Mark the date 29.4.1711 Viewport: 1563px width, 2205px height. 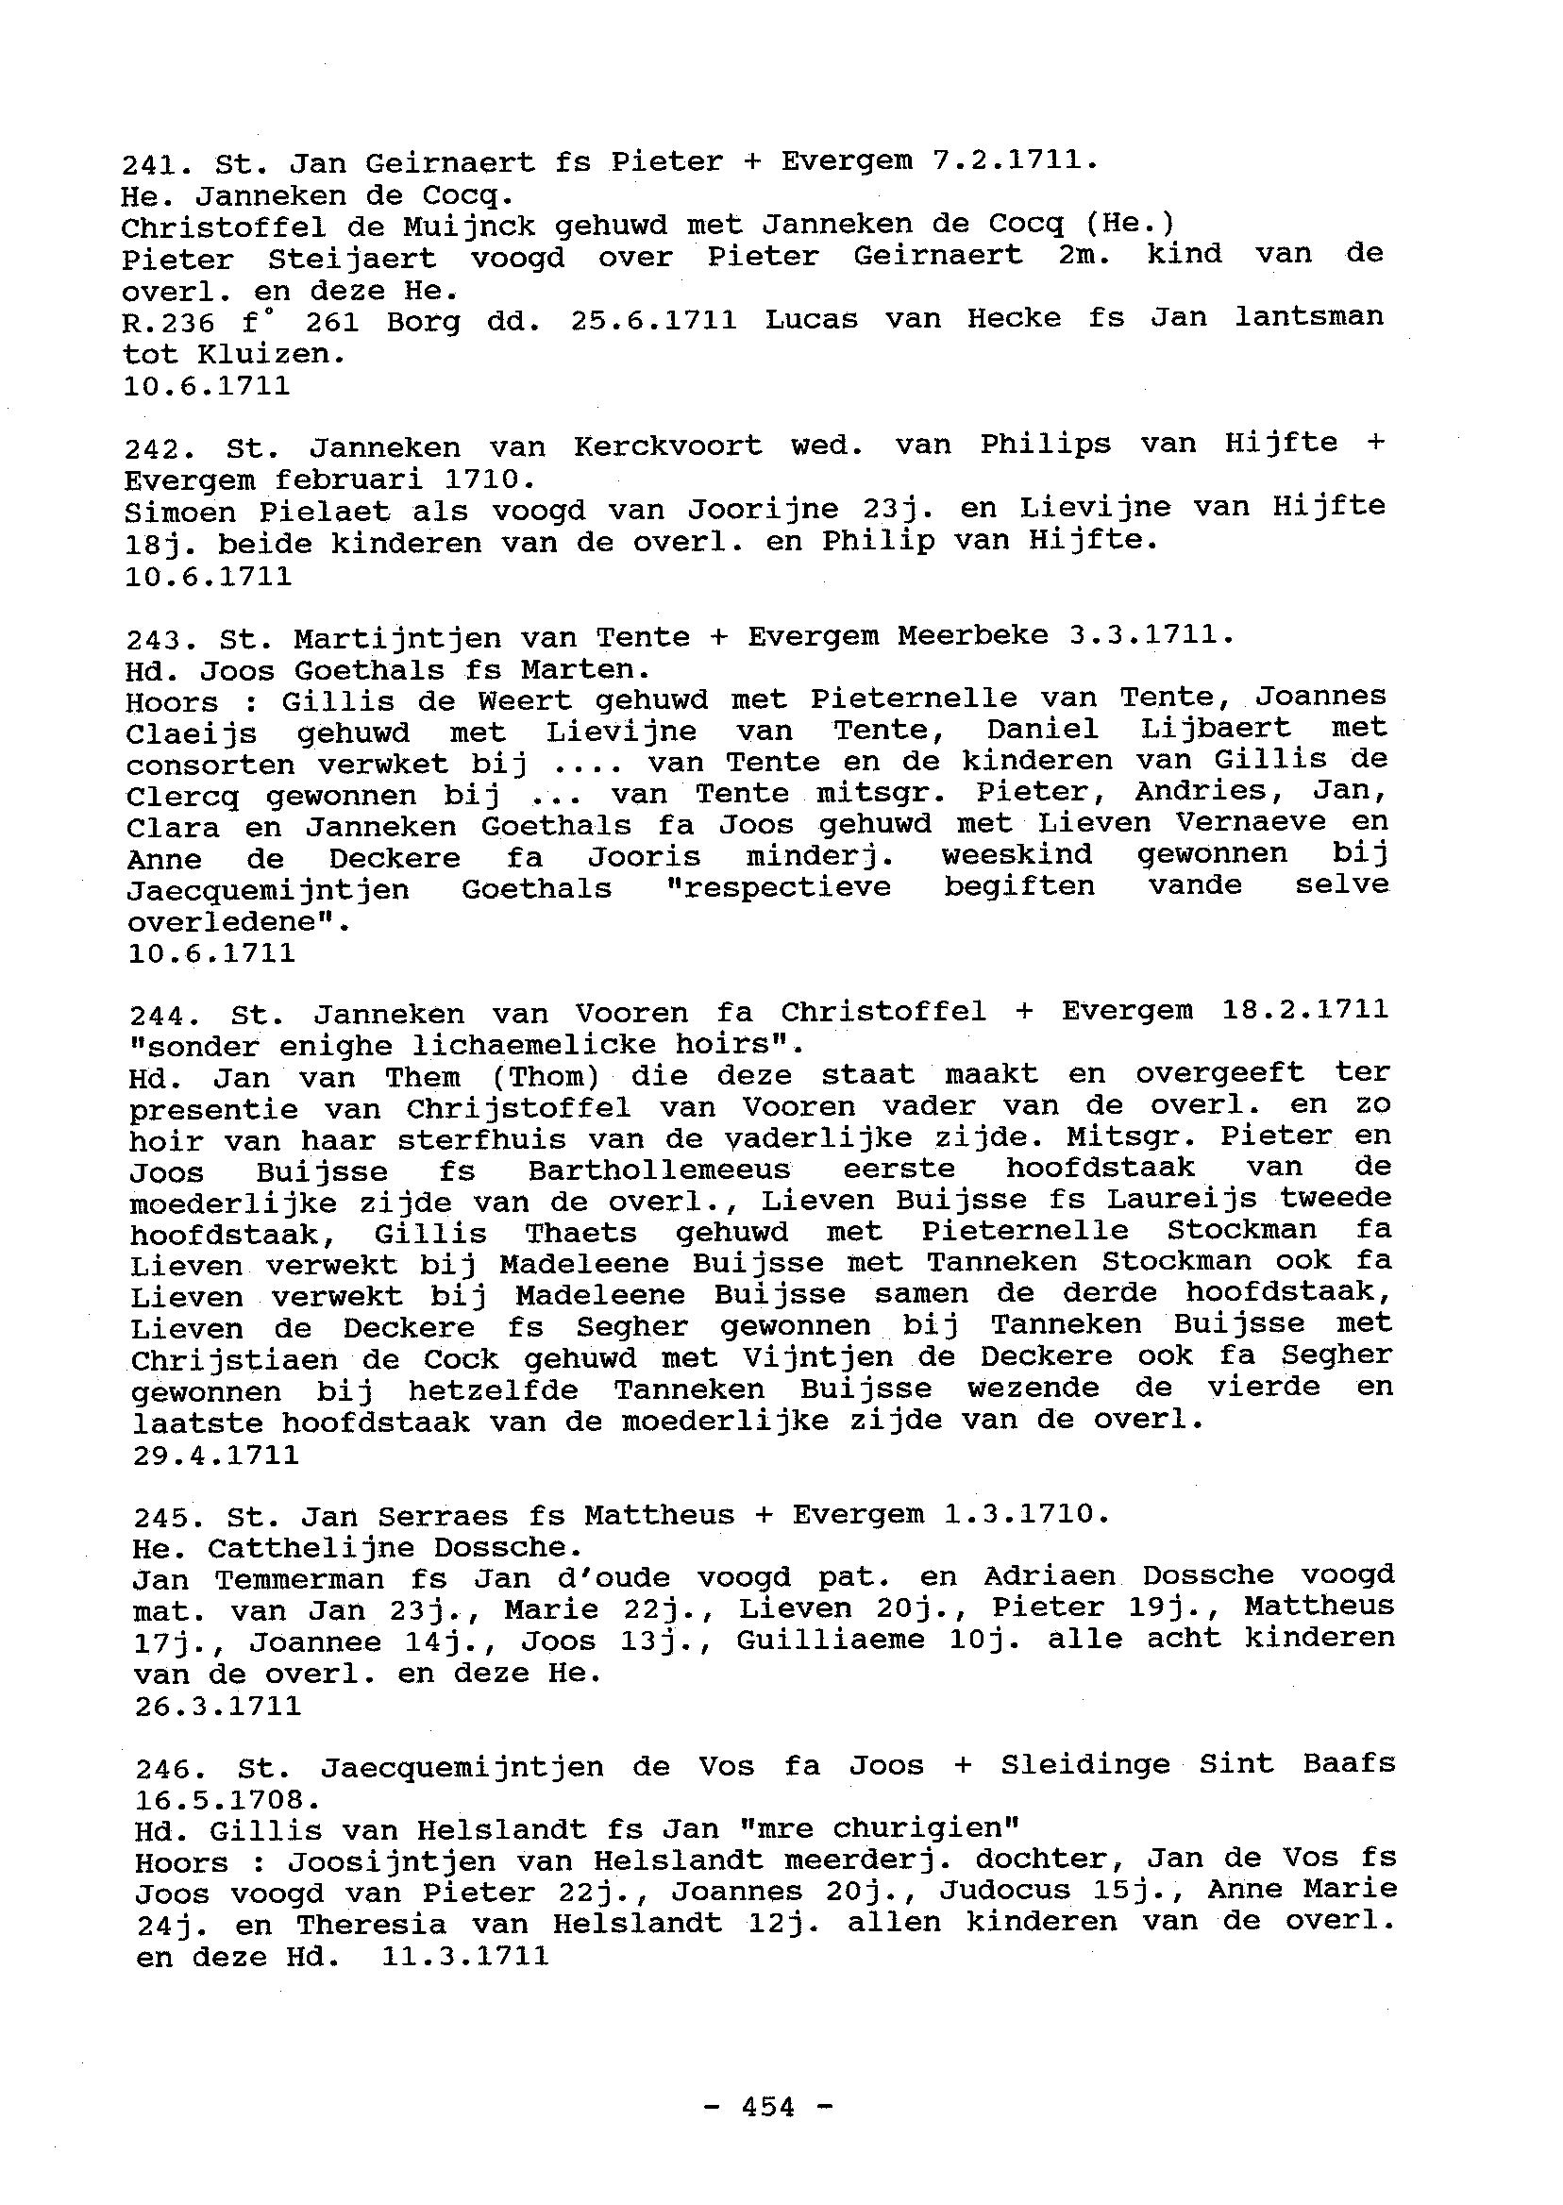pyautogui.click(x=215, y=1455)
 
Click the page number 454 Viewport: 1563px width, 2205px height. pyautogui.click(x=768, y=2107)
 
